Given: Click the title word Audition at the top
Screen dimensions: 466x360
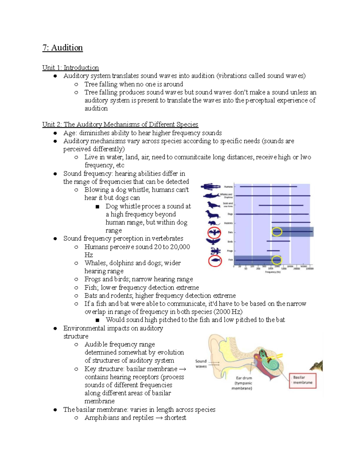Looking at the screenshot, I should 67,48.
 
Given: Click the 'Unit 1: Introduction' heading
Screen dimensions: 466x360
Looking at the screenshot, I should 70,68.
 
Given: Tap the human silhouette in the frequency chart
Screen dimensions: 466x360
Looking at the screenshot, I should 211,187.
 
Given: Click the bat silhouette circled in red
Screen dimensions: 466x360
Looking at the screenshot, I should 214,232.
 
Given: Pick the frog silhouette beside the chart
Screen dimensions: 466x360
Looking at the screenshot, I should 215,251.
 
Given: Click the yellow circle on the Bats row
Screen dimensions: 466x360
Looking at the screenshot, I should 277,232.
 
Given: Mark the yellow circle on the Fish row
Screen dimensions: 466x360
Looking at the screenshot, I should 277,260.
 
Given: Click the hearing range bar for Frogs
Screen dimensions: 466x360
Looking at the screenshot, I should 273,251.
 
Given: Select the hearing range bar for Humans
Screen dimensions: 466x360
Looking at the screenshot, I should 268,187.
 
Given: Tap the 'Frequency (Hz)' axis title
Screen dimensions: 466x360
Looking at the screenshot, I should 273,272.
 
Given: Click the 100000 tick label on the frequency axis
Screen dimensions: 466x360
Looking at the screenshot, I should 310,269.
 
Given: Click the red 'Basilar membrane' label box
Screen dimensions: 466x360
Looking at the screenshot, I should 302,380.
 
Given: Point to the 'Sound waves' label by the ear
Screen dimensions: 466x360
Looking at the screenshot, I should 201,364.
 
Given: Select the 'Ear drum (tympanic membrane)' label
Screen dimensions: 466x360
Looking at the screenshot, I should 242,383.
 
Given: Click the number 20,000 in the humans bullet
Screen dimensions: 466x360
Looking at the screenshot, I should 180,247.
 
